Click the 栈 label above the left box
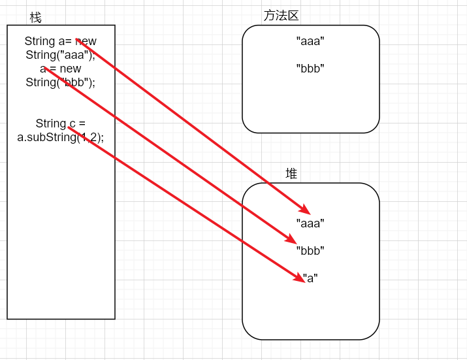[35, 18]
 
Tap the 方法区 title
[281, 16]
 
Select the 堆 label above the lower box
[291, 173]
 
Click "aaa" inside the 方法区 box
[310, 41]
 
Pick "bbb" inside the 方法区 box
[310, 68]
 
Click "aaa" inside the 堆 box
[310, 223]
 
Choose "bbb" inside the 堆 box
[310, 250]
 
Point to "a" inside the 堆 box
[312, 278]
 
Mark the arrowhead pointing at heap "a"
[301, 279]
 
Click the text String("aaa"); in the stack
[60, 55]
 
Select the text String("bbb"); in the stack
[60, 82]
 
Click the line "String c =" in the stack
[60, 123]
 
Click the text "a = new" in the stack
[60, 69]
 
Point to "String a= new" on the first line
[60, 42]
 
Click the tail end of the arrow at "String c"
[69, 127]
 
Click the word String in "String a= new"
[39, 42]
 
